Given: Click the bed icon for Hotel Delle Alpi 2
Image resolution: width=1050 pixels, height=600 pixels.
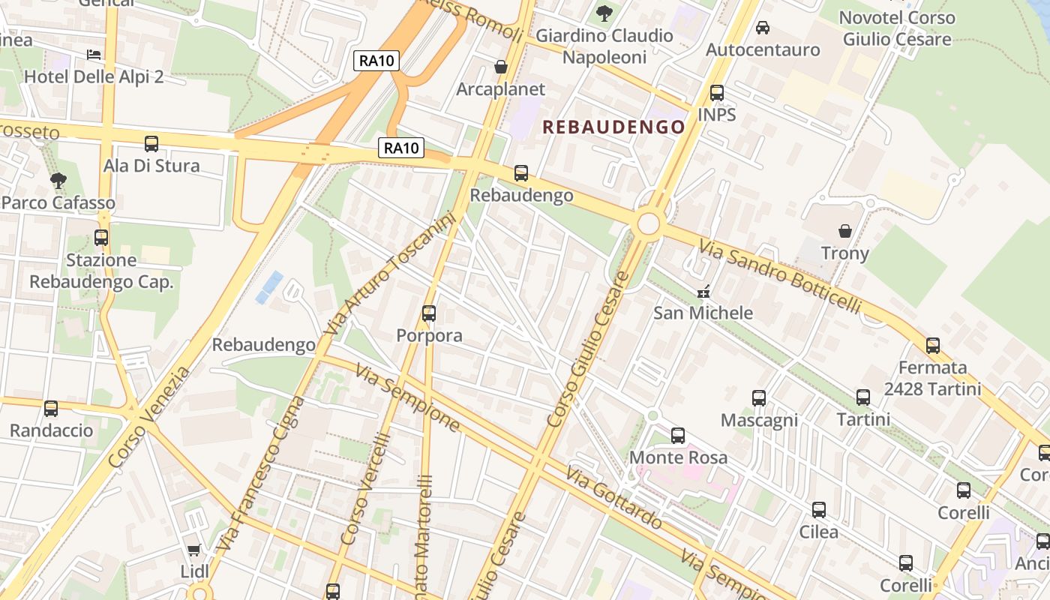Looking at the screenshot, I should click(94, 54).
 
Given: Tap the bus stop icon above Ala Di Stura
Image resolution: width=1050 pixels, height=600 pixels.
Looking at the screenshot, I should click(151, 143).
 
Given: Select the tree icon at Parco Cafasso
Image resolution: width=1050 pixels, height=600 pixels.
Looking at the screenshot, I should click(58, 180).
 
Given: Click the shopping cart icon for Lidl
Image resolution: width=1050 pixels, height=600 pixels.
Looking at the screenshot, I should click(194, 550).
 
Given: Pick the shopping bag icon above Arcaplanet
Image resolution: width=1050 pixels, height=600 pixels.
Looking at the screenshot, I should click(501, 67).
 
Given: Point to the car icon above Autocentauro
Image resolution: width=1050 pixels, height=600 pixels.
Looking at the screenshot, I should click(763, 28).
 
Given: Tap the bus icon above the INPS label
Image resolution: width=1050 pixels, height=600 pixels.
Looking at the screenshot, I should click(717, 93).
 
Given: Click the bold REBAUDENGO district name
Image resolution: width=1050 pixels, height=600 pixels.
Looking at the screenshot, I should click(613, 127).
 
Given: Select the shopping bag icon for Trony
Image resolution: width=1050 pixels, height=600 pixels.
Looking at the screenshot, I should click(845, 230).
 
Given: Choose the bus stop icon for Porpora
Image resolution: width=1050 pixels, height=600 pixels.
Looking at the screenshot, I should click(429, 313).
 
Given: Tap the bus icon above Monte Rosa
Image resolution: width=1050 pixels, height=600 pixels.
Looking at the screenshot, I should click(678, 435).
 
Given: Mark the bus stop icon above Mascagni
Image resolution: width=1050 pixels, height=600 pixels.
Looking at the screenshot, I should click(759, 397).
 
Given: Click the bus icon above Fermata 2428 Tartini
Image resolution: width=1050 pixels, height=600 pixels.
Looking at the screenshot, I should click(933, 345).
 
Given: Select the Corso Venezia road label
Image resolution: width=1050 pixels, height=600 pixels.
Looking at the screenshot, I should click(150, 417).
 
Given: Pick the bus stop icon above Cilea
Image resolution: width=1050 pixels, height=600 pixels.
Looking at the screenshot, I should click(819, 510).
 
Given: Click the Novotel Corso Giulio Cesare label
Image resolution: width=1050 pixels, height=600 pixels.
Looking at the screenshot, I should click(897, 28).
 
